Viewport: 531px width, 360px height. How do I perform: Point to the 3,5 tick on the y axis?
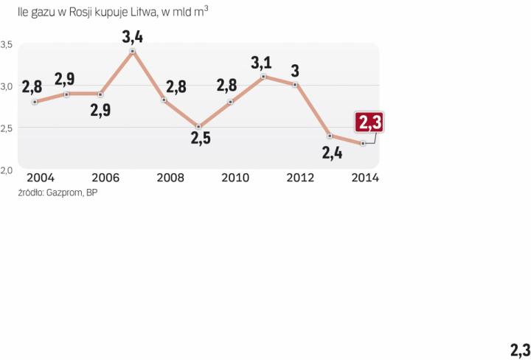click(7, 44)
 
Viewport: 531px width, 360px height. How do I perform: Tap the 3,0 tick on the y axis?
click(7, 86)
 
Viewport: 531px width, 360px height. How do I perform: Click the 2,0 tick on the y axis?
click(7, 170)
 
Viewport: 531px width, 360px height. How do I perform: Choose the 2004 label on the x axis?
click(40, 178)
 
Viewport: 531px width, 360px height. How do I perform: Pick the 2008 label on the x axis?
click(170, 178)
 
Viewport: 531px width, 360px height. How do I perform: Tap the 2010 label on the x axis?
click(235, 178)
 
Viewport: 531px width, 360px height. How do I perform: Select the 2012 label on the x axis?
click(299, 178)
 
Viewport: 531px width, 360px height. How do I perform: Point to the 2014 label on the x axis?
click(364, 178)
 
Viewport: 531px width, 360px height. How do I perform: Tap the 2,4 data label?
click(331, 153)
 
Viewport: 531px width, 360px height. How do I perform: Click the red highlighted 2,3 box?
click(368, 122)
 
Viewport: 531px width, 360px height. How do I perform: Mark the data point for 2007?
click(133, 52)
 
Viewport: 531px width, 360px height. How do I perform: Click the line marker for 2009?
click(198, 127)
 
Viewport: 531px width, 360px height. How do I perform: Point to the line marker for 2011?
click(264, 77)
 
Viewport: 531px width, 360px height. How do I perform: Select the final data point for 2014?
click(363, 143)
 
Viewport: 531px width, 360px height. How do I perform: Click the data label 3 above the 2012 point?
click(295, 71)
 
